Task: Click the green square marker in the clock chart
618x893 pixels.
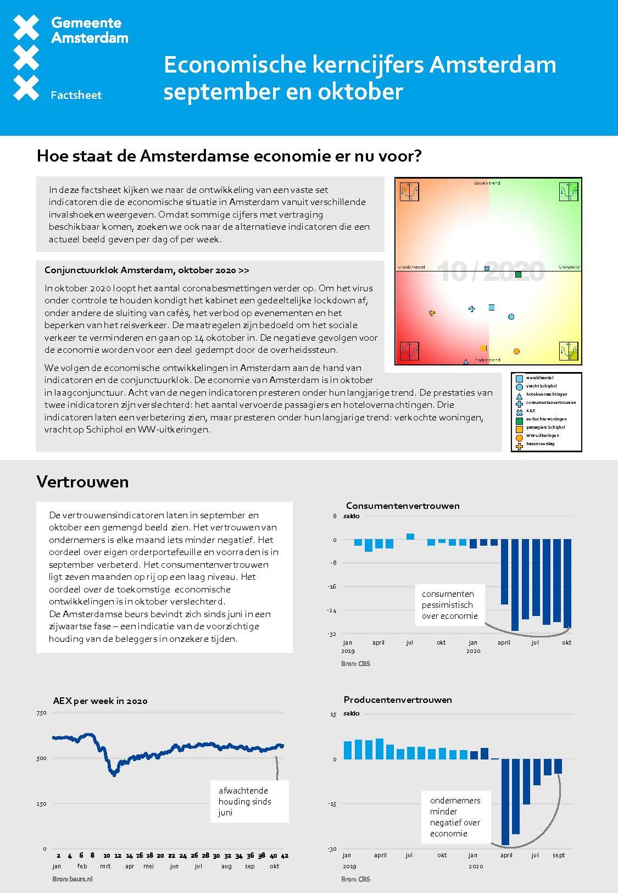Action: pyautogui.click(x=518, y=274)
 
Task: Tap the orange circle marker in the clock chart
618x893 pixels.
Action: pyautogui.click(x=516, y=351)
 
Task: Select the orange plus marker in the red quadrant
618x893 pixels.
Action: pyautogui.click(x=432, y=313)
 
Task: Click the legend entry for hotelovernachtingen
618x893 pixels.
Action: pyautogui.click(x=547, y=395)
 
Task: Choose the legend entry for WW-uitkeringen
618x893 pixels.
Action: pyautogui.click(x=542, y=436)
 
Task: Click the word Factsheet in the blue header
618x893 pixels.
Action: pyautogui.click(x=76, y=95)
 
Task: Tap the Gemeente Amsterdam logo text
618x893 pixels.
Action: pyautogui.click(x=90, y=30)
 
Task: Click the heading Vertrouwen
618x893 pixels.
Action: pyautogui.click(x=82, y=482)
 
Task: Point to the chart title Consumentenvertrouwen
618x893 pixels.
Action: pyautogui.click(x=403, y=506)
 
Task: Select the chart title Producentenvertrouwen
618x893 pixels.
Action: pyautogui.click(x=398, y=700)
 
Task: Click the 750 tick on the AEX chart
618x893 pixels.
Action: pyautogui.click(x=41, y=713)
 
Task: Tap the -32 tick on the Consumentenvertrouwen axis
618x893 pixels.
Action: pyautogui.click(x=332, y=634)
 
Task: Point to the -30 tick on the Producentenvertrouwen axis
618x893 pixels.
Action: pyautogui.click(x=332, y=849)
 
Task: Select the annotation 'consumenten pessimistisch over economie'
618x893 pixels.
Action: pyautogui.click(x=449, y=604)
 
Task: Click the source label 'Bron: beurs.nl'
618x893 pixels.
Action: pyautogui.click(x=73, y=879)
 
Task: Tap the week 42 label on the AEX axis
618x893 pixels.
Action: pyautogui.click(x=285, y=856)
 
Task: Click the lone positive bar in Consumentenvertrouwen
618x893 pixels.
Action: pyautogui.click(x=410, y=536)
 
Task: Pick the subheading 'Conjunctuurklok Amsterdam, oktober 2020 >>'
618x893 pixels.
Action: pyautogui.click(x=147, y=270)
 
